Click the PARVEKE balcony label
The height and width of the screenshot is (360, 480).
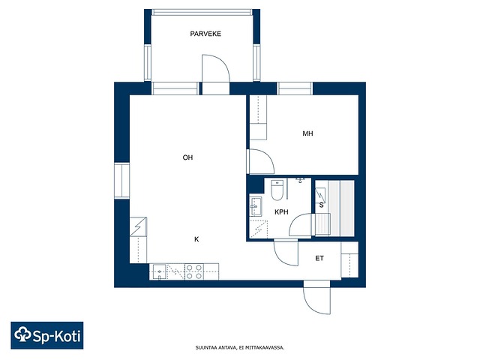tap(205, 34)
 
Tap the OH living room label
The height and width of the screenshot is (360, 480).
tap(187, 157)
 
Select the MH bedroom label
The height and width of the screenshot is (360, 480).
tap(307, 133)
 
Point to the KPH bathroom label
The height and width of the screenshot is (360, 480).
tap(281, 211)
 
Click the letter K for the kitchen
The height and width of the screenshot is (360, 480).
tap(196, 239)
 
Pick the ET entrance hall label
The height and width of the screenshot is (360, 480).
tap(319, 258)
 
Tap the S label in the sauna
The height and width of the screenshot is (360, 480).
tap(321, 205)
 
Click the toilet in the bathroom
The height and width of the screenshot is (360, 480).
tap(277, 190)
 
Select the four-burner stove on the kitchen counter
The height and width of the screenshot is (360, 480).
tap(193, 271)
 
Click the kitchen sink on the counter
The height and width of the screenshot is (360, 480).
tap(159, 271)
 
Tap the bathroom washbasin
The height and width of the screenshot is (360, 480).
tap(255, 207)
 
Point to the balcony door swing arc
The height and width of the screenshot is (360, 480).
tap(216, 68)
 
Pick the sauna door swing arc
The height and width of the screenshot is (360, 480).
tap(300, 224)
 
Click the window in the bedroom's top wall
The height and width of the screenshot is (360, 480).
tap(295, 88)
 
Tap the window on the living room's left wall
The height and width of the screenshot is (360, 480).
tap(121, 181)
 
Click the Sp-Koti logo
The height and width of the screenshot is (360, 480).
tap(47, 335)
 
